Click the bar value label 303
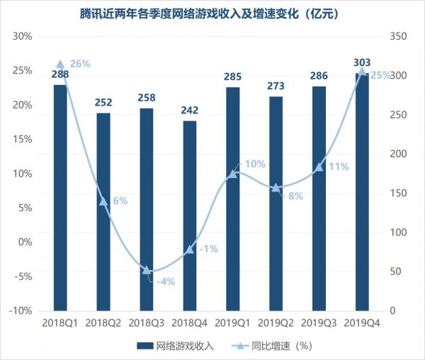click(362, 63)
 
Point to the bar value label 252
click(103, 103)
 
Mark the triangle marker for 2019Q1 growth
click(232, 174)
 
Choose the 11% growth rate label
click(339, 167)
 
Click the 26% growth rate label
click(80, 64)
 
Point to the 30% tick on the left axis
click(23, 37)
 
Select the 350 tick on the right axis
click(399, 37)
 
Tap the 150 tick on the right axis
click(399, 193)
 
